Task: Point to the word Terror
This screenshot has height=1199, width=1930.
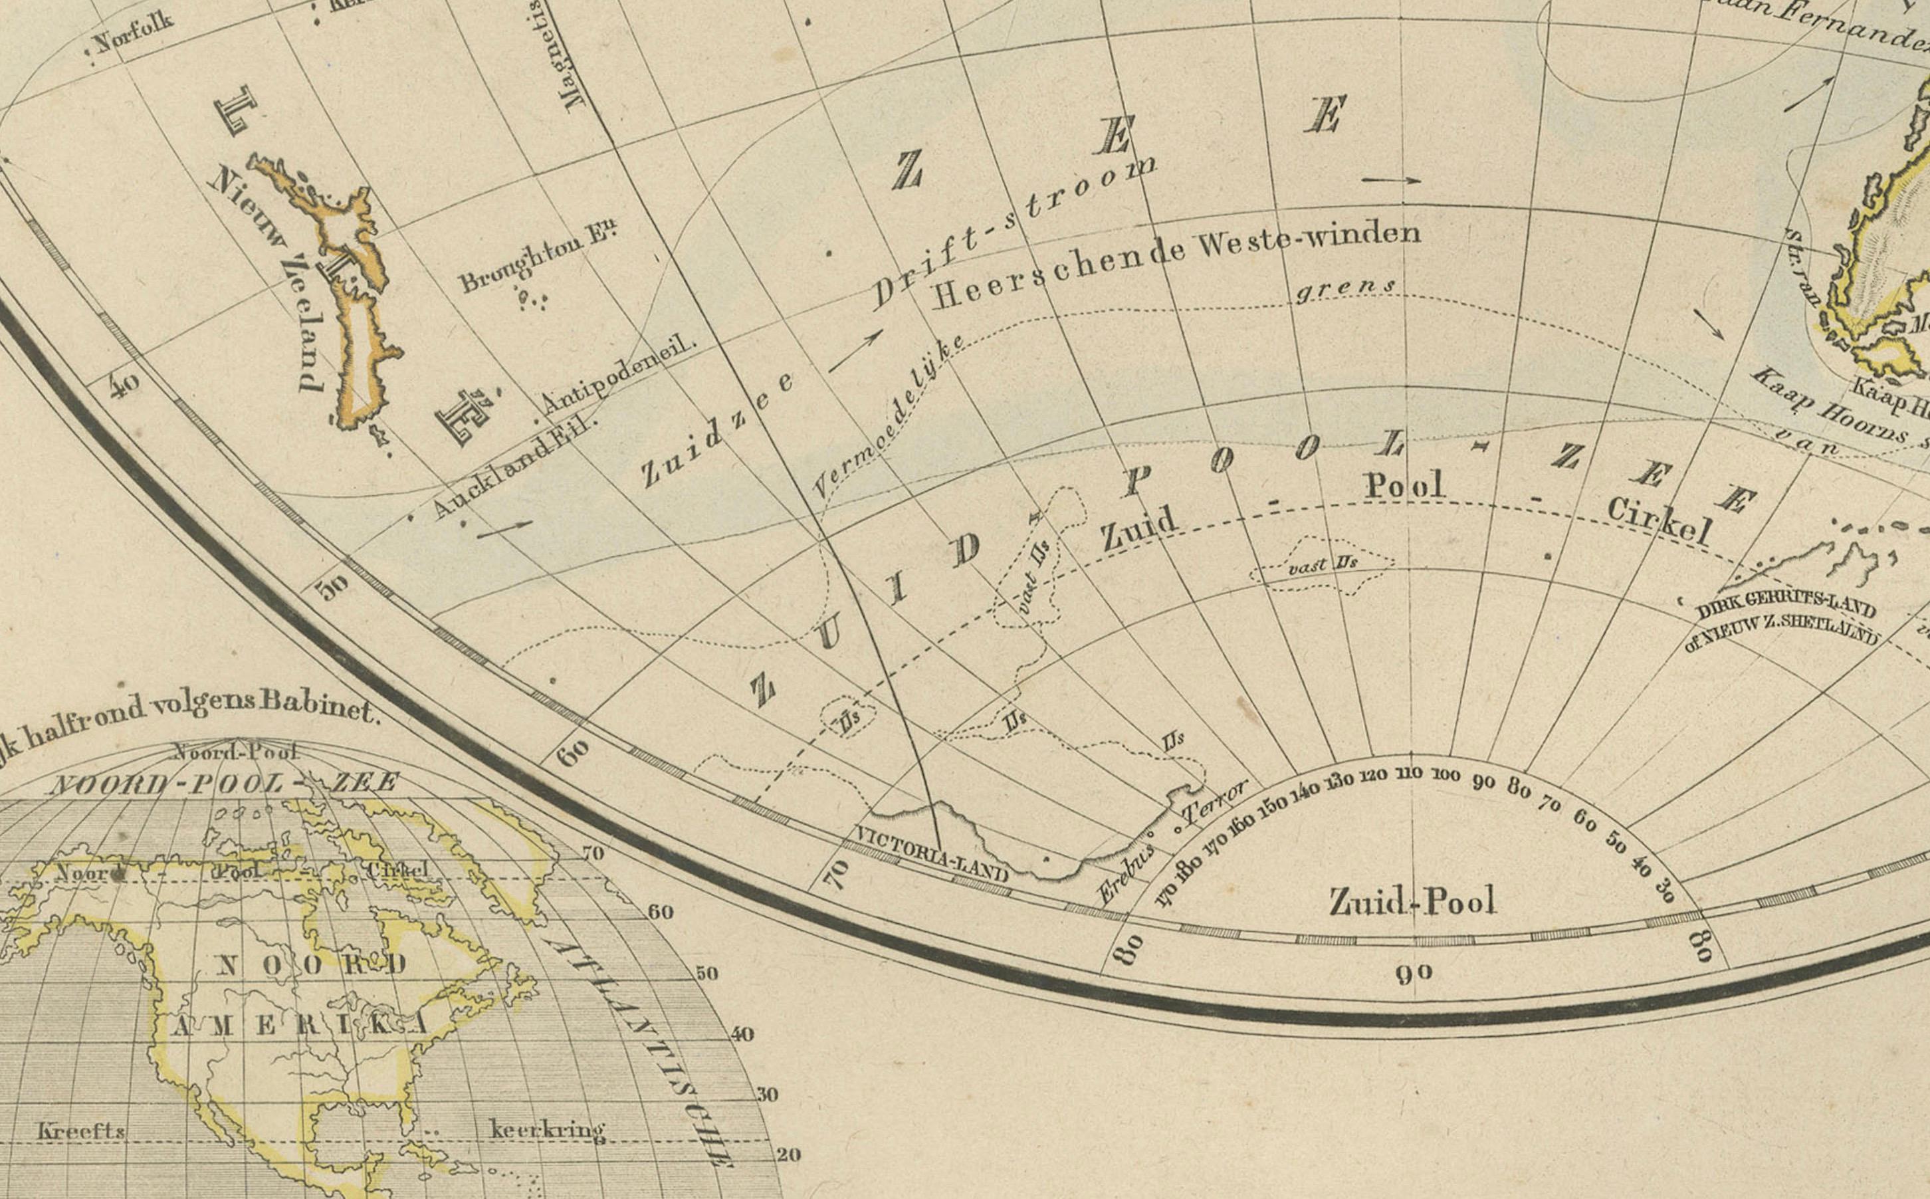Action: click(1214, 802)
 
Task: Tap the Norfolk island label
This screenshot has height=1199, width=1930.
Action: click(132, 33)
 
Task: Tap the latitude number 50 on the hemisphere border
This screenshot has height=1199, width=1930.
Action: click(332, 588)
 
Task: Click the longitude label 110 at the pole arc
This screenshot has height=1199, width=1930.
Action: click(1409, 772)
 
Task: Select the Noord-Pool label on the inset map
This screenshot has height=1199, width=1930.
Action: click(235, 751)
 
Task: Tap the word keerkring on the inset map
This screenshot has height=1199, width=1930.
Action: click(547, 1129)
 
